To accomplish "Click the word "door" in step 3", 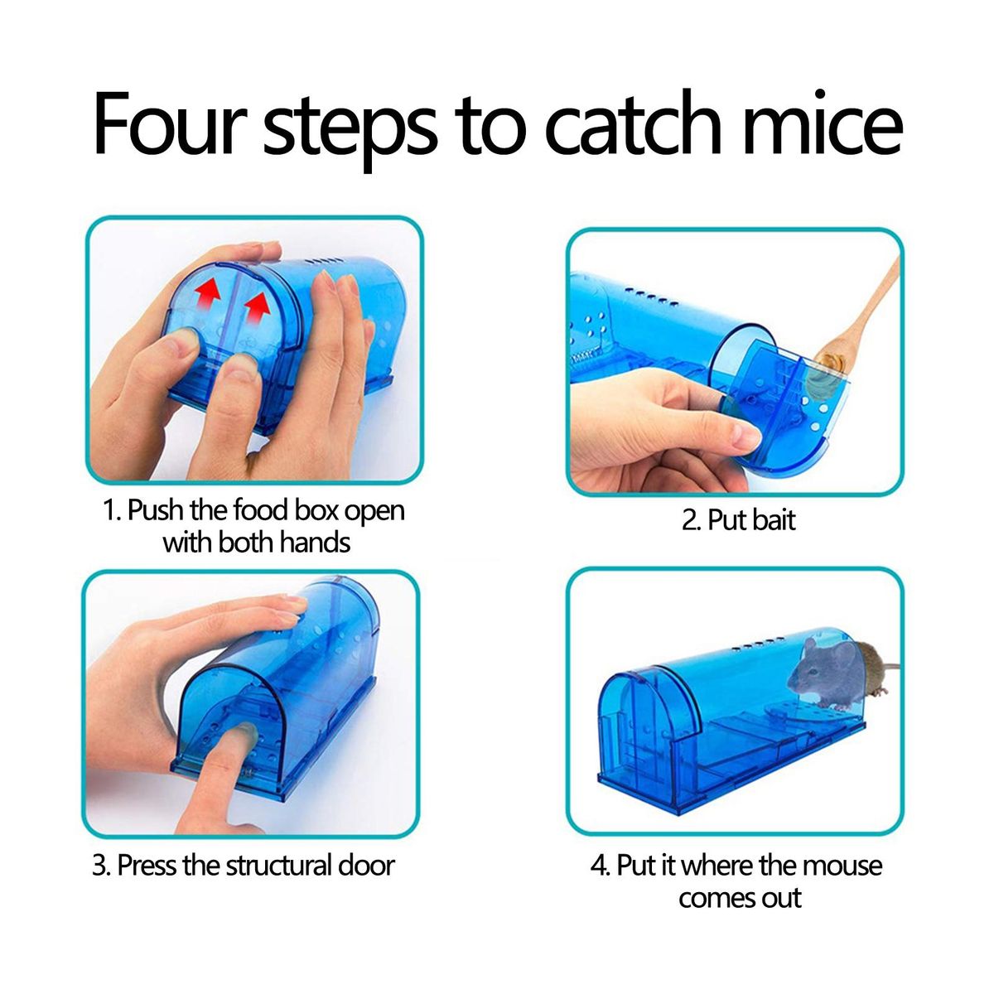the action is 366,865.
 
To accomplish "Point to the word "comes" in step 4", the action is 712,898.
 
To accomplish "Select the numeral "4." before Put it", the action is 601,865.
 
